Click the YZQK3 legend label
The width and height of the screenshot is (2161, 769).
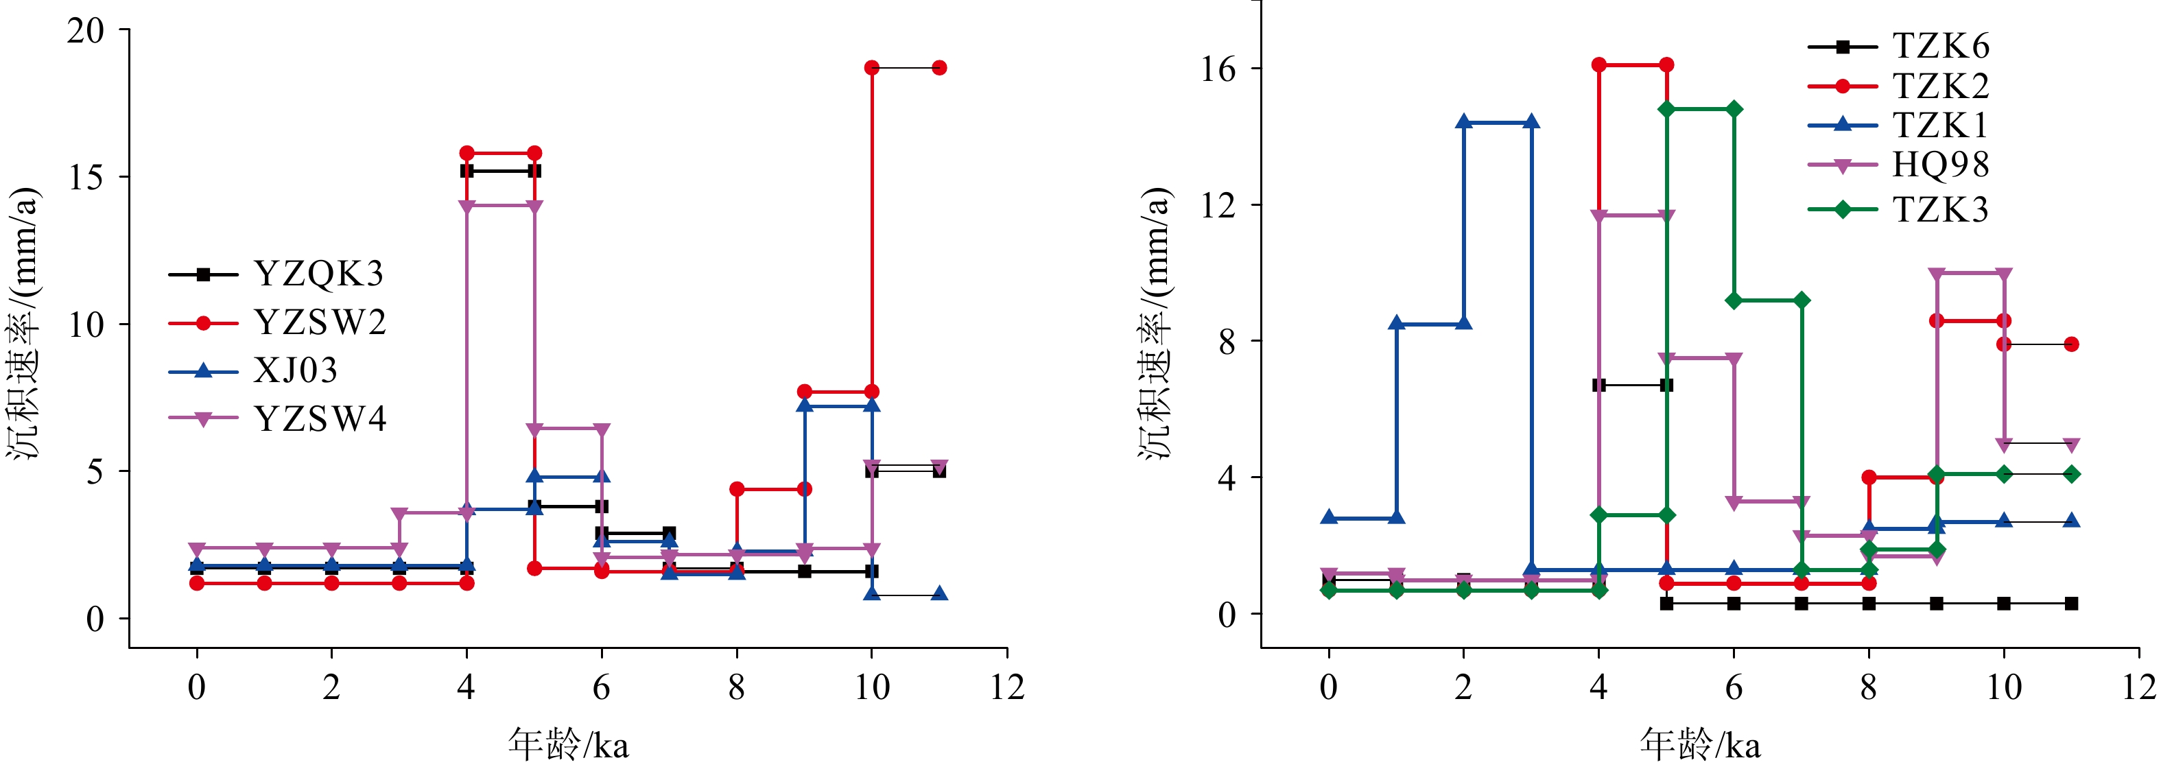319,274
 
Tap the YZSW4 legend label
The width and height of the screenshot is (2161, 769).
320,418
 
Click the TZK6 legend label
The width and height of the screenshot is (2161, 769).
1940,46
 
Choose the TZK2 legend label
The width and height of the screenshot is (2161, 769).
1940,86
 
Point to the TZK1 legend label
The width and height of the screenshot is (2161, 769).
1940,126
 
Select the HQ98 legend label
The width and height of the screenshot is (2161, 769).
1940,165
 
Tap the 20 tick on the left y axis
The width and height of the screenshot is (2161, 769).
86,31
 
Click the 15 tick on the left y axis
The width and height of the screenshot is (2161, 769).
86,178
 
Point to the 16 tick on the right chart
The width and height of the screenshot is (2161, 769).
1219,69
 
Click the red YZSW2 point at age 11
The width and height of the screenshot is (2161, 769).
940,68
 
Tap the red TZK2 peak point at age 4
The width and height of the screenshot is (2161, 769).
1599,64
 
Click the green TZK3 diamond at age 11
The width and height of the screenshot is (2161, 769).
2071,474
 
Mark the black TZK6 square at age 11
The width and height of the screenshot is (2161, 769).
2071,604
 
